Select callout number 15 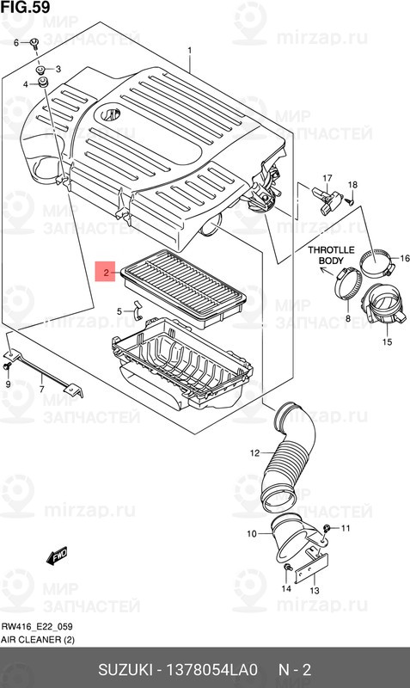(386, 341)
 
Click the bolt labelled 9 (8, 367)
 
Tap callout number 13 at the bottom (315, 591)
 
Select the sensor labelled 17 (327, 194)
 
